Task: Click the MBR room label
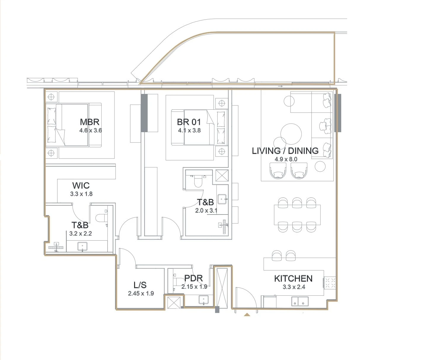(90, 122)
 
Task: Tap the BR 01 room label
(189, 122)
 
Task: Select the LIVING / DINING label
(285, 151)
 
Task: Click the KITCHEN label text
(293, 279)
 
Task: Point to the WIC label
(81, 185)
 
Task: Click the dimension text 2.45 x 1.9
(141, 293)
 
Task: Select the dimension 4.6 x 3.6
(91, 130)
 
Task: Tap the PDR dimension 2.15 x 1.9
(194, 287)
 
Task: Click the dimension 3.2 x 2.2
(80, 233)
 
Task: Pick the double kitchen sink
(300, 301)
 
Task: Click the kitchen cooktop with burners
(330, 283)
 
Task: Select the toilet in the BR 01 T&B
(198, 181)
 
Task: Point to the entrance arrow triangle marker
(247, 315)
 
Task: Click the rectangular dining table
(297, 215)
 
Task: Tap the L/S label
(140, 285)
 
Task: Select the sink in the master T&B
(82, 247)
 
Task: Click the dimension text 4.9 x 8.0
(286, 159)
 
